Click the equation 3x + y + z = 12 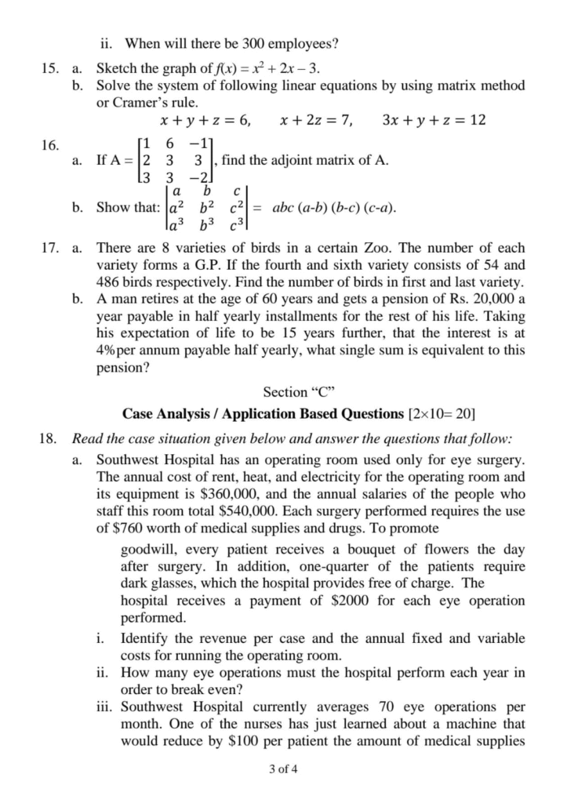pos(434,122)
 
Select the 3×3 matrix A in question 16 pos(174,162)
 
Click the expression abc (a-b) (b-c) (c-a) pos(333,209)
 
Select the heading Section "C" pos(285,391)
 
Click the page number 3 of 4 pos(283,768)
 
